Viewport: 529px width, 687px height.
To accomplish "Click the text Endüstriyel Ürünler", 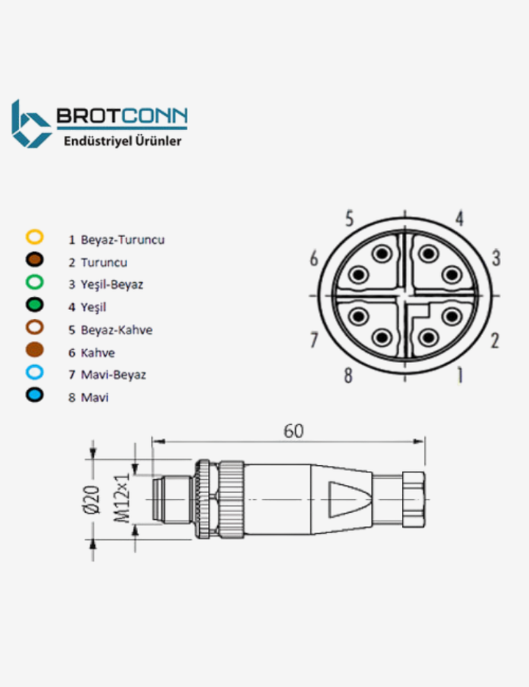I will pos(123,140).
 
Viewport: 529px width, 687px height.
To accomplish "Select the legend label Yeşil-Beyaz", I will pos(112,284).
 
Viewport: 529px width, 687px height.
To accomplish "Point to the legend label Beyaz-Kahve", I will pos(116,330).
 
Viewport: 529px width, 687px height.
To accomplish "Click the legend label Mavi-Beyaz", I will pos(113,375).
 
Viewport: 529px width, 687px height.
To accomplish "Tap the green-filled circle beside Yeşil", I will pos(35,305).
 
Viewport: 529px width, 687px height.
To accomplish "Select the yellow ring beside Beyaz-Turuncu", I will pos(35,237).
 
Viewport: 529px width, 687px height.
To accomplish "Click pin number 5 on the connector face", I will pos(350,218).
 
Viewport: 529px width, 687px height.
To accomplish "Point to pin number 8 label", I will pos(348,375).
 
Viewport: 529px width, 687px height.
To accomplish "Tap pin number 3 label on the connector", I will pos(496,258).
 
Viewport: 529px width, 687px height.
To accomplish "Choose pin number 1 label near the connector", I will pos(460,375).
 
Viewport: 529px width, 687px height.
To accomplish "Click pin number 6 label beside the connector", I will pos(314,259).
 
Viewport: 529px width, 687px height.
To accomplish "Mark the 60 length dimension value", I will pos(293,431).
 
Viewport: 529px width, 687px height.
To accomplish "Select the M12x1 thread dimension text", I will pos(122,497).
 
